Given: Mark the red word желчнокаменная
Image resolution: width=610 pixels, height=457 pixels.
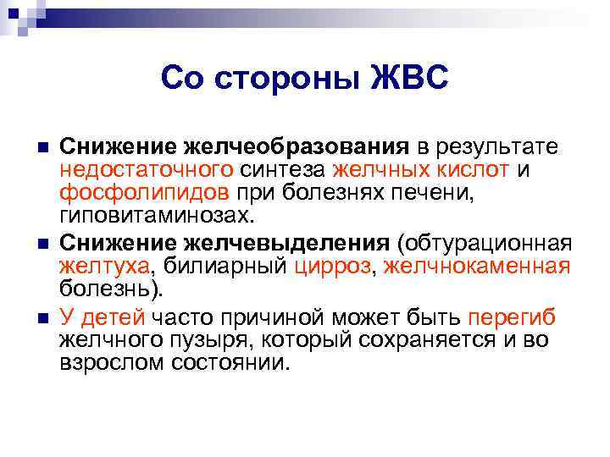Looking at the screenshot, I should coord(477,267).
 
